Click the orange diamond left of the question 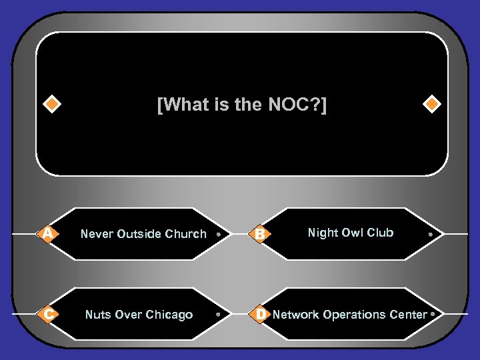coord(51,105)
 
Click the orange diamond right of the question coord(432,105)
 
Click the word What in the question coord(181,105)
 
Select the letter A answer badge coord(47,233)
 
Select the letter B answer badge coord(261,233)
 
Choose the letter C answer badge coord(47,314)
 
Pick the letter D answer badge coord(261,314)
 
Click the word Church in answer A coord(185,234)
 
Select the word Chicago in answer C coord(170,315)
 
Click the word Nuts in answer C coord(98,315)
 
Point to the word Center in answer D coord(408,314)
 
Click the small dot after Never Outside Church coord(219,234)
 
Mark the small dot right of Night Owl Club coord(431,234)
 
